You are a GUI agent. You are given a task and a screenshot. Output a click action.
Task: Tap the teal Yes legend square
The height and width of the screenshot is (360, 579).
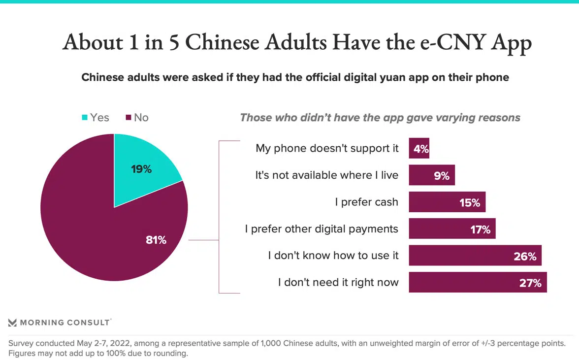[x=85, y=118]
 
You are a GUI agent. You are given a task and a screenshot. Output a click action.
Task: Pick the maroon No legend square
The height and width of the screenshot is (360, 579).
[x=129, y=118]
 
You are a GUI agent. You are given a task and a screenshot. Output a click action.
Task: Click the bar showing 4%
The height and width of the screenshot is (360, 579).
[x=418, y=148]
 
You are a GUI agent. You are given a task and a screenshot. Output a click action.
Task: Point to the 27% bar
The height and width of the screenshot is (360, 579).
[x=477, y=282]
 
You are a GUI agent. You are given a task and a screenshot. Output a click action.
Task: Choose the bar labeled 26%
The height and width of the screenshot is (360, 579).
[x=475, y=256]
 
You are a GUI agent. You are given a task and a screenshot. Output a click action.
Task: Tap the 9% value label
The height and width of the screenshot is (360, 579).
[x=442, y=175]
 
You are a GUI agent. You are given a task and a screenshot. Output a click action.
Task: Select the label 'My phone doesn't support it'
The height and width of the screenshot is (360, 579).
[x=327, y=148]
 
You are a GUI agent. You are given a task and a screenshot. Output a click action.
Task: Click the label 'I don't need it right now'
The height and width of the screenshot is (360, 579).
[x=338, y=283]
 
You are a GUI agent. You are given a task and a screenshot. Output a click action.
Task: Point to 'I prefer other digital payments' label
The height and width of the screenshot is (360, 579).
[x=322, y=229]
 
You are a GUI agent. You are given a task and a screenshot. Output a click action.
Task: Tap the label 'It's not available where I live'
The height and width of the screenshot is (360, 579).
[x=326, y=175]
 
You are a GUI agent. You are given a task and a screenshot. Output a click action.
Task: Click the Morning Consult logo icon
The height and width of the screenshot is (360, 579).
[x=13, y=323]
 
